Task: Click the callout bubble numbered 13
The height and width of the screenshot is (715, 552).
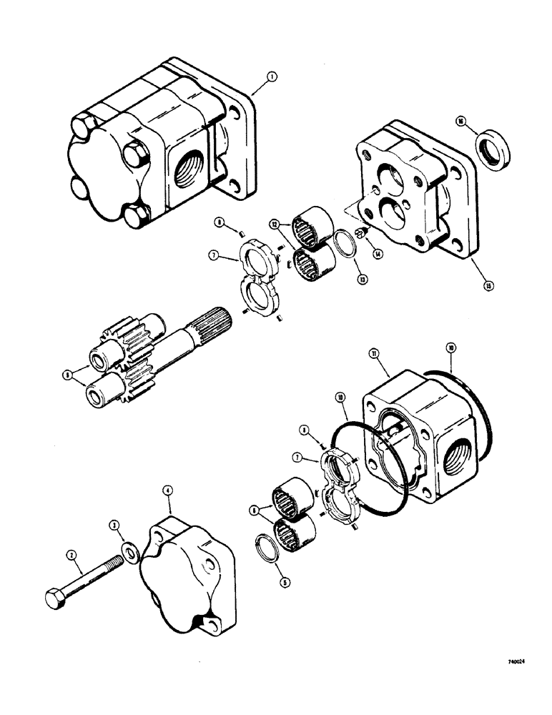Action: click(x=363, y=280)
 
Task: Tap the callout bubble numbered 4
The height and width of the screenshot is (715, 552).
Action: click(x=166, y=490)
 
